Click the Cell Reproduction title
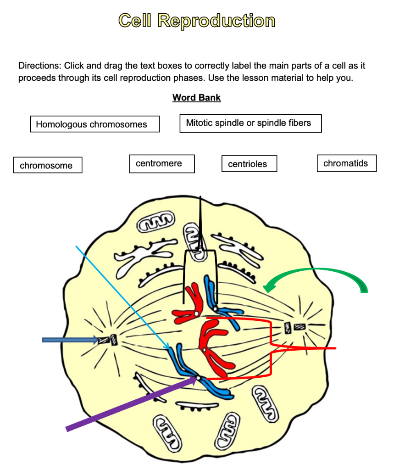[x=197, y=21]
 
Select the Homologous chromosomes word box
[x=94, y=124]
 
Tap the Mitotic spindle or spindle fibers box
[x=250, y=123]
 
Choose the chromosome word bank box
[x=48, y=166]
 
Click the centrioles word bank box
[x=249, y=164]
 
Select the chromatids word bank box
[x=346, y=163]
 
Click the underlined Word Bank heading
[x=196, y=98]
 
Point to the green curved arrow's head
[x=267, y=287]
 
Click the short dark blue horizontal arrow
[x=69, y=340]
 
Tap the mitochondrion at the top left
[x=156, y=224]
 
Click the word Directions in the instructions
[x=39, y=66]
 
